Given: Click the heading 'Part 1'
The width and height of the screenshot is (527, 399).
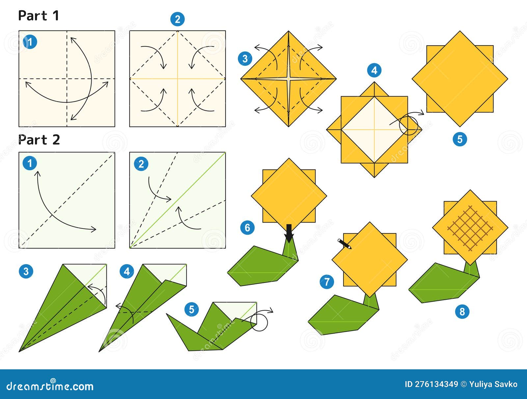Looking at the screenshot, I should tap(39, 15).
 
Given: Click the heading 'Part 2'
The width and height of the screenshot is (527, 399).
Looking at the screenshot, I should tap(39, 140).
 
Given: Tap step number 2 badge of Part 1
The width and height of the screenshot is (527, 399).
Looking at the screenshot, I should tap(177, 19).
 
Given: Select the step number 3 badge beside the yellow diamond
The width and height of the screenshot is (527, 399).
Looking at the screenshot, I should tap(245, 59).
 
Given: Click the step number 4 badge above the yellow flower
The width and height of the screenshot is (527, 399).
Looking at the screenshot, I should tap(374, 70).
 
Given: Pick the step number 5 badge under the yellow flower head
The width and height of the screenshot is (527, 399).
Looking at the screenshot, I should tap(460, 139).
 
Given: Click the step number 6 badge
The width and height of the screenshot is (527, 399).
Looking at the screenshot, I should tap(247, 228).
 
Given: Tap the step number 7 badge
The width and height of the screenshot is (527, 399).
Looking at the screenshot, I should tap(327, 282).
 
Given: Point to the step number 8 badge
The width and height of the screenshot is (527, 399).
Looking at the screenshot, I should tap(462, 311).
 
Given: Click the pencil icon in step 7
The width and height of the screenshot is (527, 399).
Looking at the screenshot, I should tap(345, 244).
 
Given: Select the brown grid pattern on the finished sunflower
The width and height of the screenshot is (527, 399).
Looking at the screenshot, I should tap(470, 227).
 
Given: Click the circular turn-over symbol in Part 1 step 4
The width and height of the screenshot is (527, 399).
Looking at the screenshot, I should tap(408, 126).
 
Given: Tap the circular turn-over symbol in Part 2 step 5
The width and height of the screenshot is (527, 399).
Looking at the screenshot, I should tap(259, 322).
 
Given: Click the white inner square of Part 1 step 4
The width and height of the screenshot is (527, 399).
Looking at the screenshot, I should tap(374, 130).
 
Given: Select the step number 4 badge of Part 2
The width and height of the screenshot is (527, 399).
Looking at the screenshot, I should tap(127, 272).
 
